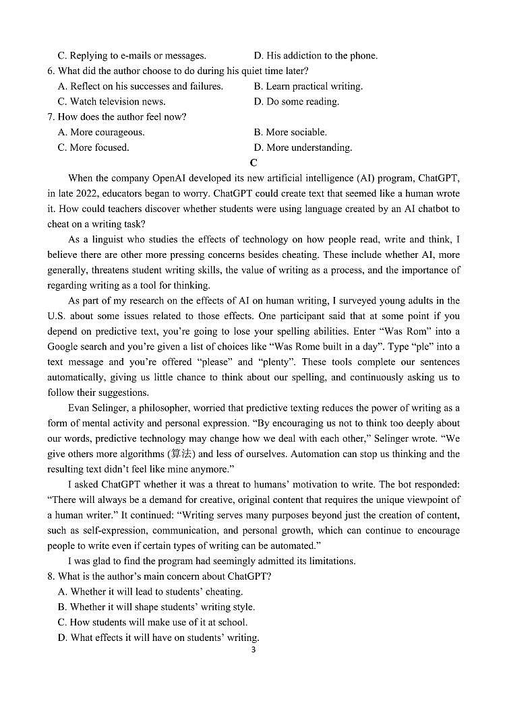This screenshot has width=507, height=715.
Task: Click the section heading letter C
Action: [x=253, y=162]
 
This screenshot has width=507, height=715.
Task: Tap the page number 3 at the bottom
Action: [x=253, y=650]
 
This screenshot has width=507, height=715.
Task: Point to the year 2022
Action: [x=83, y=193]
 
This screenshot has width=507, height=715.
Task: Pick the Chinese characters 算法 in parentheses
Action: [x=181, y=454]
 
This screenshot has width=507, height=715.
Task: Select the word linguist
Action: [x=109, y=240]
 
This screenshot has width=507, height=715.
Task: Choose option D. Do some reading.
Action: [x=297, y=102]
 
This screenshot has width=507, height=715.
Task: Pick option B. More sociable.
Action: [x=291, y=132]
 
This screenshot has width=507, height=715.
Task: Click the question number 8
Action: [x=51, y=576]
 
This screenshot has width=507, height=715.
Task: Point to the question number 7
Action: [x=51, y=117]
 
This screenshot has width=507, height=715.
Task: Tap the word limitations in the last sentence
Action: [x=330, y=561]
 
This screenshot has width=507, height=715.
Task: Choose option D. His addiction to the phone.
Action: [x=316, y=56]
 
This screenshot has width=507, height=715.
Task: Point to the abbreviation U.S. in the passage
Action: [x=57, y=316]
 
